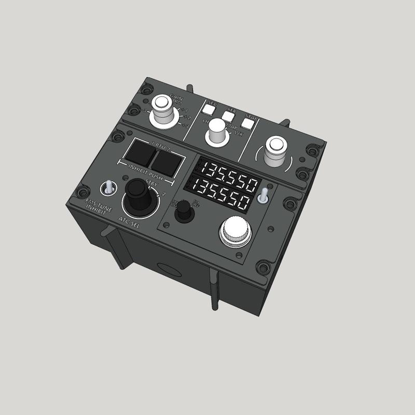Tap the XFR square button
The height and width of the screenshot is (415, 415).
[229, 115]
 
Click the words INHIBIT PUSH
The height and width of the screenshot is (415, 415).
[147, 172]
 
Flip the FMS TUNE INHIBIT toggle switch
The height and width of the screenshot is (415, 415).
[108, 186]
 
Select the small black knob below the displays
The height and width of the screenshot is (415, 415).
[182, 211]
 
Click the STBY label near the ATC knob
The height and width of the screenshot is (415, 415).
[154, 183]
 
